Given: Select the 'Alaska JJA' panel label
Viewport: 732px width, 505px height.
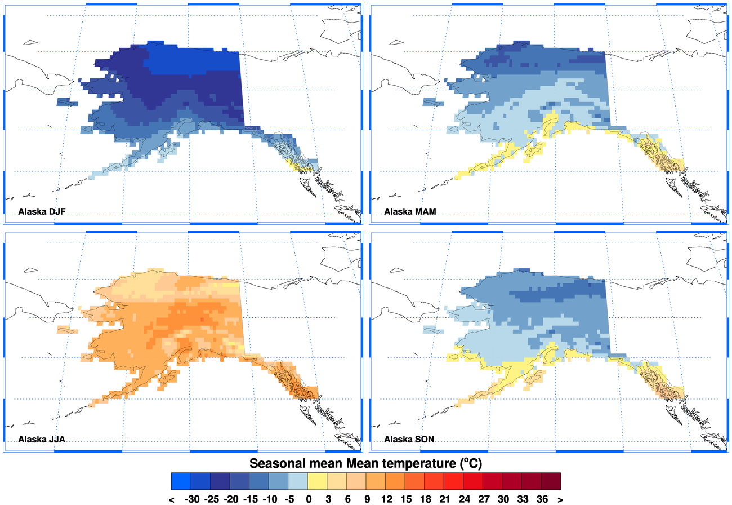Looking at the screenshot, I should pyautogui.click(x=42, y=439).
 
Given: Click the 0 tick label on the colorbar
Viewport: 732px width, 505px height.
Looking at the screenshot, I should pyautogui.click(x=309, y=499).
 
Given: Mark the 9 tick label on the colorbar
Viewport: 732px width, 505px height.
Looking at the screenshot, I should pyautogui.click(x=367, y=499).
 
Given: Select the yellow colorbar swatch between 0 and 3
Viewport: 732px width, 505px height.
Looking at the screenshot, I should pyautogui.click(x=318, y=481).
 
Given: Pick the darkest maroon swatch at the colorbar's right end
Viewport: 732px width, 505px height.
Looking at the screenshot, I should pyautogui.click(x=551, y=481).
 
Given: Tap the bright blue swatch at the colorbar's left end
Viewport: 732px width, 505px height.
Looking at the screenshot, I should pyautogui.click(x=181, y=481).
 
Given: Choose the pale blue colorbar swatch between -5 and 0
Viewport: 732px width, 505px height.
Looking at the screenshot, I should pyautogui.click(x=298, y=481).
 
